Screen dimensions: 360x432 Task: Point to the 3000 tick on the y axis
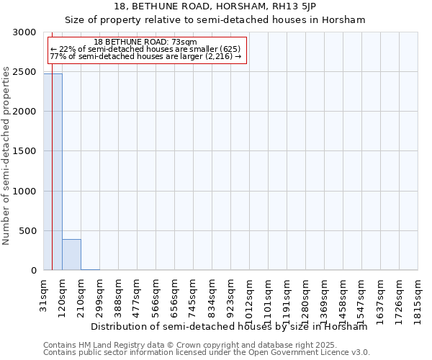[x=25, y=32]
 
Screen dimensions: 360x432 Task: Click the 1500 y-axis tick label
[x=25, y=151]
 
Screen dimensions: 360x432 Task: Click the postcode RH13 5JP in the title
[x=294, y=7]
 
